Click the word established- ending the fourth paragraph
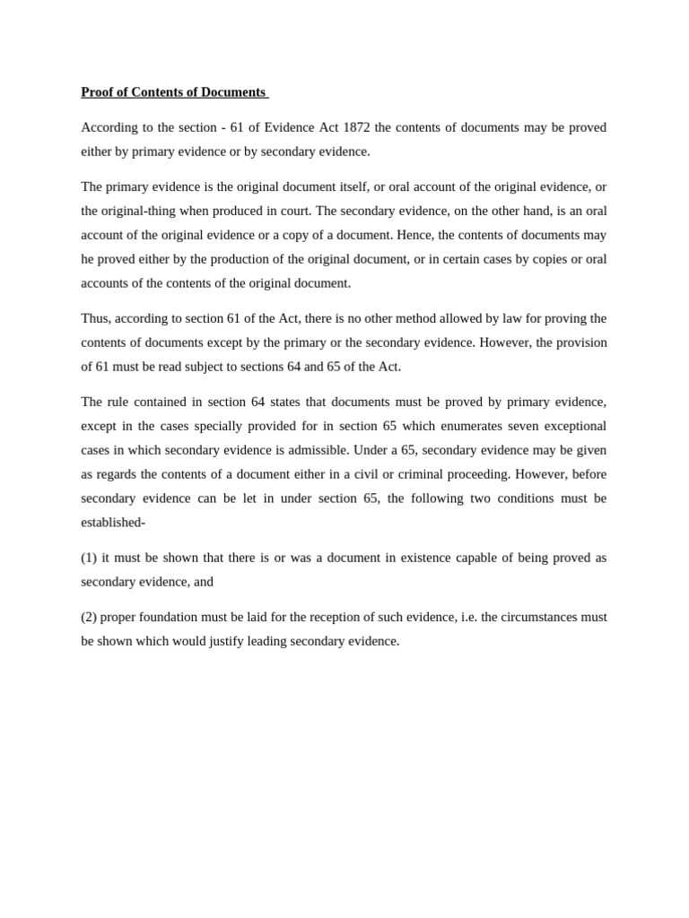113,522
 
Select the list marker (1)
89,557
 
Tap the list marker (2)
89,617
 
